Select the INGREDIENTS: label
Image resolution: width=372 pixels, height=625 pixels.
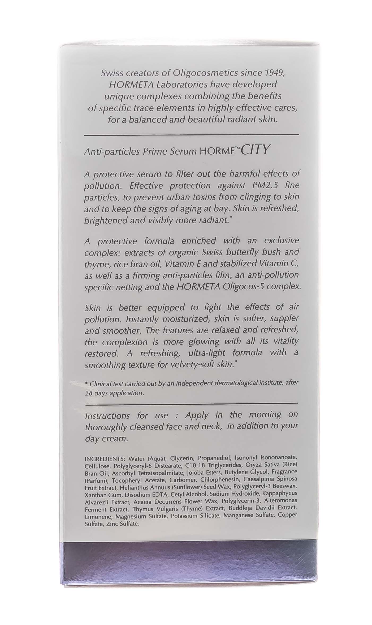click(x=105, y=459)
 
